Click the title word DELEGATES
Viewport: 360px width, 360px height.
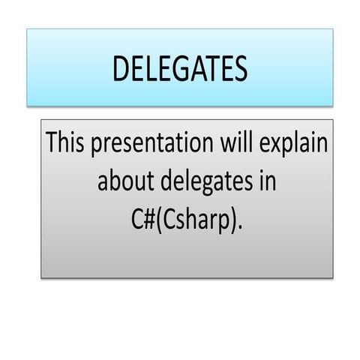[180, 69]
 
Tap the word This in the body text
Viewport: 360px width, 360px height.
[65, 142]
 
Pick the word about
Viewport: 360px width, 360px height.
[122, 181]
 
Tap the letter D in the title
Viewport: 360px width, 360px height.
[121, 69]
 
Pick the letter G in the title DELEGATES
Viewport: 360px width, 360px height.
[175, 69]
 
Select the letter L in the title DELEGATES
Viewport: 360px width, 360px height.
[149, 69]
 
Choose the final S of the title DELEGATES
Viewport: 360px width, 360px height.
[239, 69]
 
